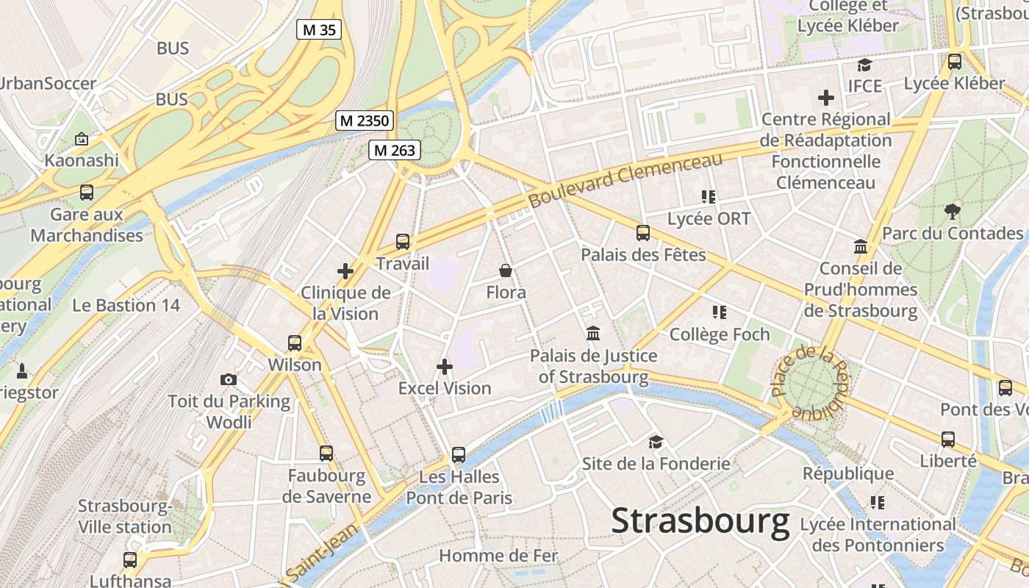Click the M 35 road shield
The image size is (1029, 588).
(x=319, y=29)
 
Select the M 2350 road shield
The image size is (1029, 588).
(x=365, y=121)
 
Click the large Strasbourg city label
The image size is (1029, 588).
(x=700, y=521)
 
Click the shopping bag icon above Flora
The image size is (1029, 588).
(x=506, y=270)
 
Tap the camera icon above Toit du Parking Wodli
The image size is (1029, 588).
(x=229, y=379)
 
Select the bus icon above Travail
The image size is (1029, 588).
(x=402, y=241)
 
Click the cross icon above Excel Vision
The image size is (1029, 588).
(x=445, y=366)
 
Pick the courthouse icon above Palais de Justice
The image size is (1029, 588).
(x=593, y=334)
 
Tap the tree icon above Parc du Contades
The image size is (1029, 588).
(x=953, y=212)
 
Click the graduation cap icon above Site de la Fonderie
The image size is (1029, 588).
(x=656, y=442)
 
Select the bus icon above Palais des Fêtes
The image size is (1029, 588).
(x=643, y=233)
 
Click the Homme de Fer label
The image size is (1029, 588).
(x=498, y=556)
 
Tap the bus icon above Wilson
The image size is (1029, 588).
(x=295, y=343)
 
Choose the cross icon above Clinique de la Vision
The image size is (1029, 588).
(x=345, y=271)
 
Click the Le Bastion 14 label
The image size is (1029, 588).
(x=126, y=305)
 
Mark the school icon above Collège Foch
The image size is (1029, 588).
(x=719, y=312)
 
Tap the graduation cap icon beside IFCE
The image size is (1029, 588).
(x=864, y=65)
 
